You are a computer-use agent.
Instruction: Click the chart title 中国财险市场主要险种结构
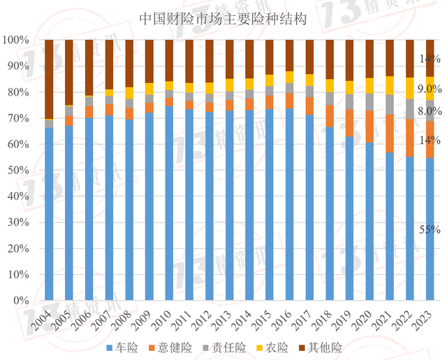pyautogui.click(x=223, y=18)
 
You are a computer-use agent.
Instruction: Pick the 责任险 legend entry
pyautogui.click(x=236, y=347)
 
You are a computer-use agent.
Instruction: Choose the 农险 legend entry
pyautogui.click(x=286, y=347)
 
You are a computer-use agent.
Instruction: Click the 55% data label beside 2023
pyautogui.click(x=430, y=230)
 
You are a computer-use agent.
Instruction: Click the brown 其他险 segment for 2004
pyautogui.click(x=49, y=79)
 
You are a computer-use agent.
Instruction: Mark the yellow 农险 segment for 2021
pyautogui.click(x=390, y=85)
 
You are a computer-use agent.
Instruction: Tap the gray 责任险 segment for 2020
pyautogui.click(x=370, y=102)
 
